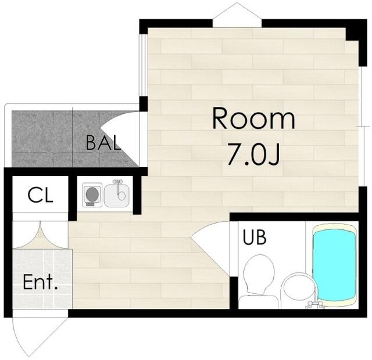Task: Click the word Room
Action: coord(253,118)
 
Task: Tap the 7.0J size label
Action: coord(253,154)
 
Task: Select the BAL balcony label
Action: coord(103,143)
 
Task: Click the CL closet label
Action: coord(40,195)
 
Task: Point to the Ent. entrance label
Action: coord(40,282)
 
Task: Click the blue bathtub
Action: coord(335,265)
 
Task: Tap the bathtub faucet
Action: coord(316,303)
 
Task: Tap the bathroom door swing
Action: coord(209,246)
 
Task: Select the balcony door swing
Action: coord(120,139)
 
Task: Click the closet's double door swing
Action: coord(40,236)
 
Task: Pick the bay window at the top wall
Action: coord(237,15)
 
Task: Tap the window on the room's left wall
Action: coord(144,66)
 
